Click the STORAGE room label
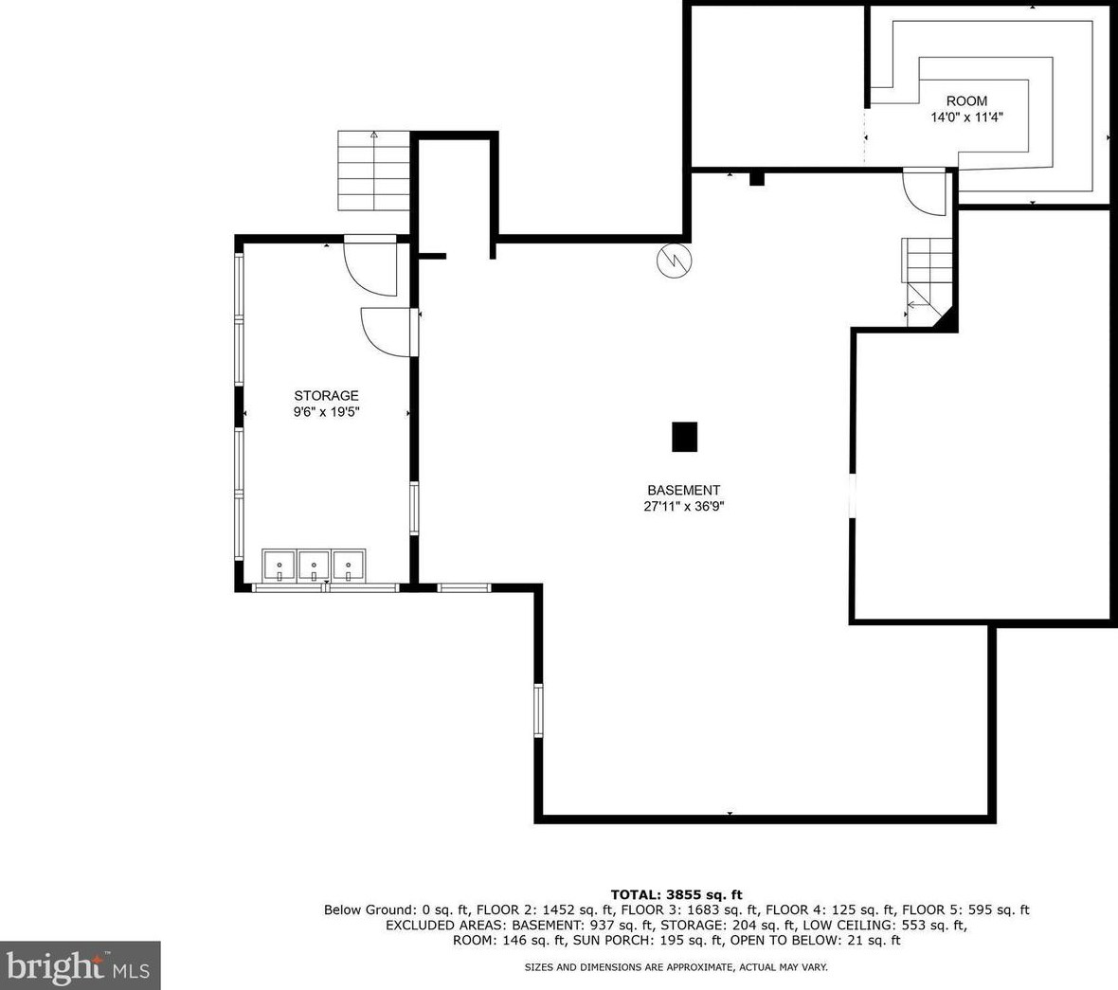pyautogui.click(x=326, y=396)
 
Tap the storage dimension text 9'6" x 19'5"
pyautogui.click(x=326, y=412)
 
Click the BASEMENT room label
pyautogui.click(x=683, y=491)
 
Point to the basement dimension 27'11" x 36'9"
pyautogui.click(x=684, y=507)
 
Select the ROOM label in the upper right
pyautogui.click(x=966, y=101)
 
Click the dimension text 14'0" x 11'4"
pyautogui.click(x=966, y=117)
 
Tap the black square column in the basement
pyautogui.click(x=685, y=437)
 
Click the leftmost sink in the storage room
pyautogui.click(x=279, y=566)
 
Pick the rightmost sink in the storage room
pyautogui.click(x=349, y=566)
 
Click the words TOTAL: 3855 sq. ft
pyautogui.click(x=676, y=894)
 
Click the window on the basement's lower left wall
pyautogui.click(x=538, y=710)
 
